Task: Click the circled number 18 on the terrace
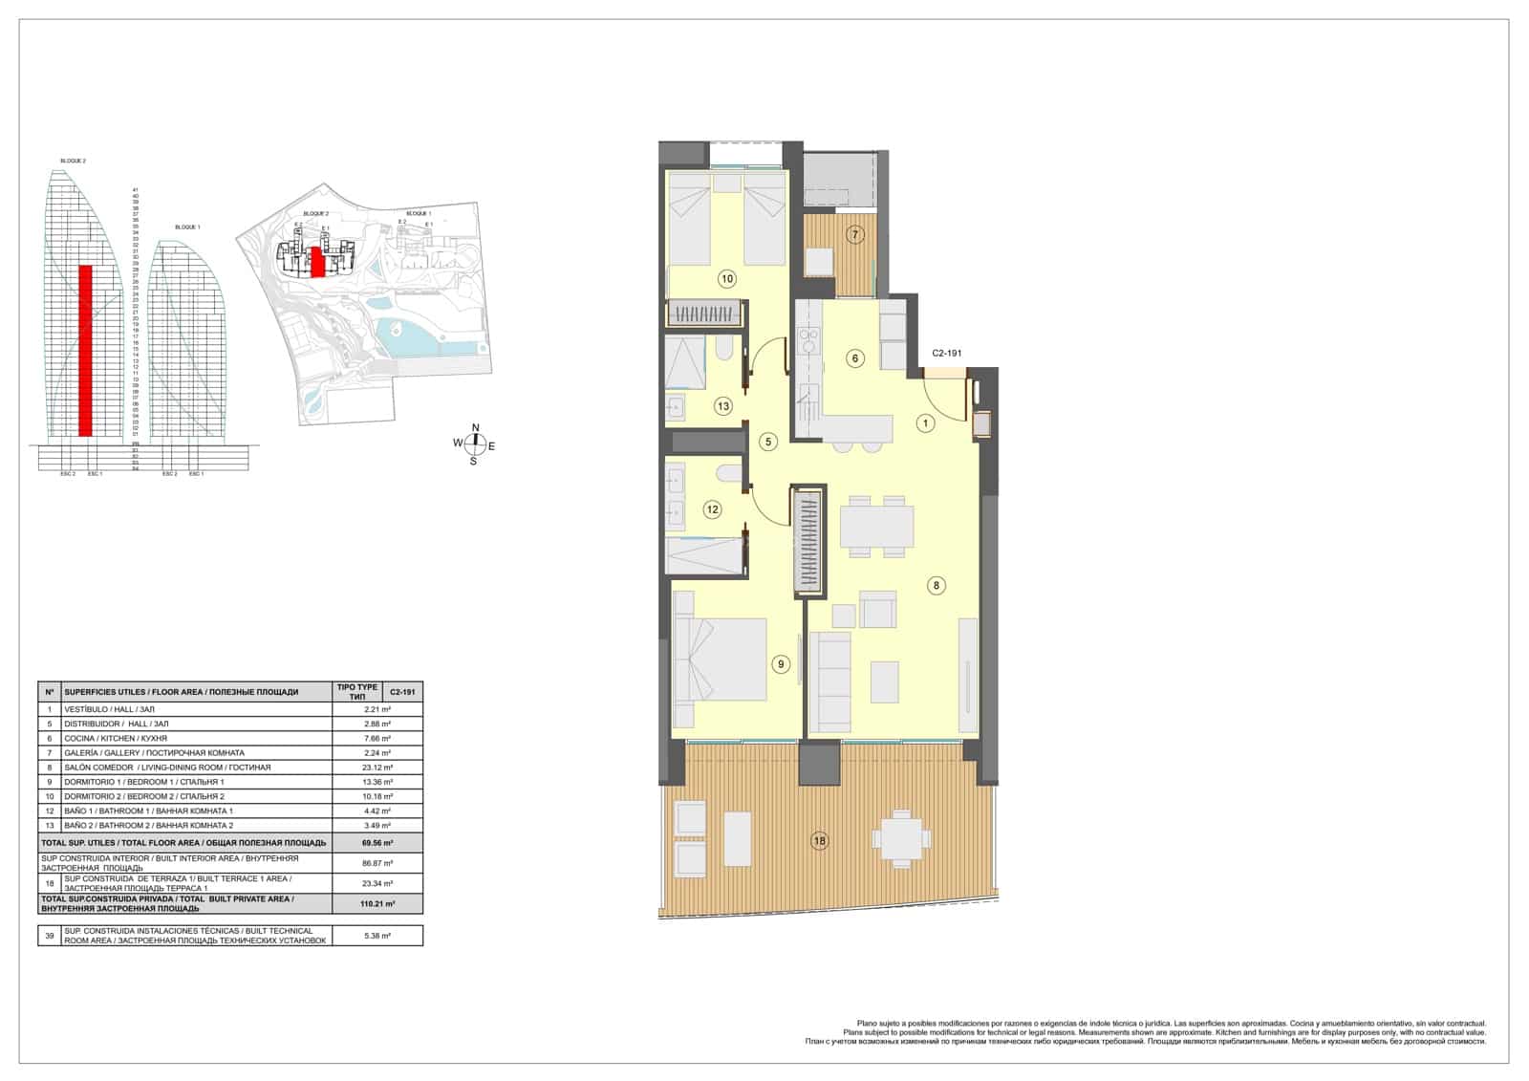tap(819, 841)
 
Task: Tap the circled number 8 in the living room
tap(937, 585)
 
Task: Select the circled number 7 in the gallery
tap(856, 234)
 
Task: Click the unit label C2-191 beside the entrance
tap(946, 354)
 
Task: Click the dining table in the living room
tap(876, 527)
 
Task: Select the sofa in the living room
tap(829, 681)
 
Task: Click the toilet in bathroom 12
tap(731, 473)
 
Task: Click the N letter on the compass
tap(475, 428)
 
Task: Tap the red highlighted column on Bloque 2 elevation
tap(85, 350)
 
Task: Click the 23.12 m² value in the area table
tap(377, 768)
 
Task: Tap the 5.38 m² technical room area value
tap(377, 936)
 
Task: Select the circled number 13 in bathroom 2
tap(722, 406)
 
